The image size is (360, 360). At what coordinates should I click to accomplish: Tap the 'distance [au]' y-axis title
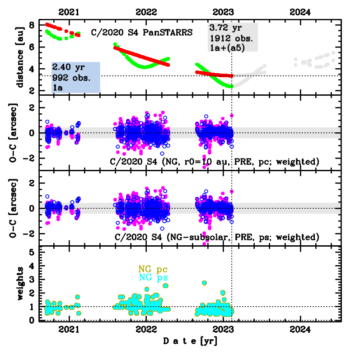[x=19, y=58]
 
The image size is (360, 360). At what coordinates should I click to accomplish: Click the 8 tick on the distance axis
[x=33, y=25]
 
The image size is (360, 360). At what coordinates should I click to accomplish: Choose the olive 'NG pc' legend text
[x=153, y=270]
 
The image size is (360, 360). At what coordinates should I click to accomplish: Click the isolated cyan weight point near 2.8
[x=204, y=283]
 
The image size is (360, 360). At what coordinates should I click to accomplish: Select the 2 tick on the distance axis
[x=33, y=91]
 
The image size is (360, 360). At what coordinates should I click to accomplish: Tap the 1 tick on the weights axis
[x=33, y=307]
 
